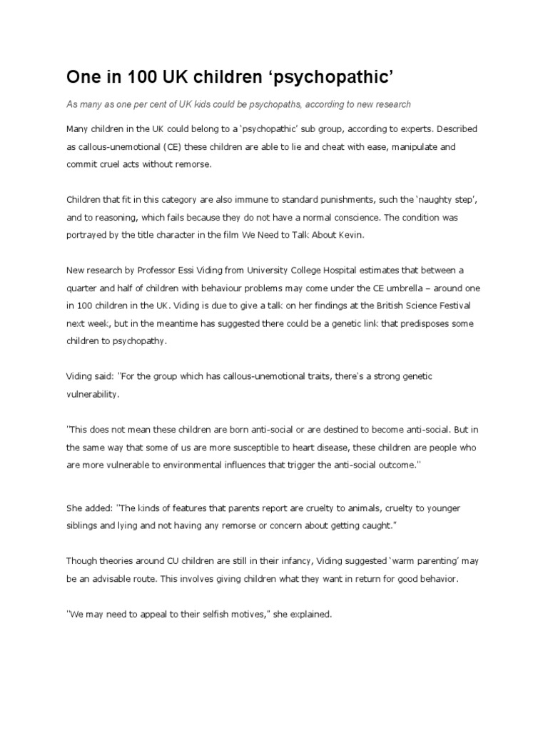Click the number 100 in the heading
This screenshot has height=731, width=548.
[x=111, y=76]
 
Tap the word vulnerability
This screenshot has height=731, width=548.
[x=93, y=393]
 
